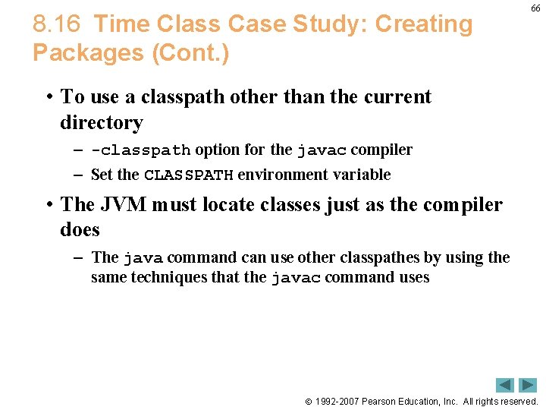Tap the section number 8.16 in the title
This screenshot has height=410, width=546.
pyautogui.click(x=56, y=24)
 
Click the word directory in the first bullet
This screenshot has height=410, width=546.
pyautogui.click(x=101, y=122)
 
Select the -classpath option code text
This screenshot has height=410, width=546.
pyautogui.click(x=140, y=150)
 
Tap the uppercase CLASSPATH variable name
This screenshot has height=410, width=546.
pyautogui.click(x=188, y=175)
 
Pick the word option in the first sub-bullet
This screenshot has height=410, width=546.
pyautogui.click(x=216, y=150)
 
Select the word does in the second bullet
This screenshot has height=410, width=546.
pyautogui.click(x=80, y=229)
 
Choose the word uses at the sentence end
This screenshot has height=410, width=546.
pyautogui.click(x=414, y=277)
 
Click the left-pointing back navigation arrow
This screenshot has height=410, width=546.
pyautogui.click(x=505, y=385)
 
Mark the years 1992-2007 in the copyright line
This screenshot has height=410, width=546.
pyautogui.click(x=337, y=401)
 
